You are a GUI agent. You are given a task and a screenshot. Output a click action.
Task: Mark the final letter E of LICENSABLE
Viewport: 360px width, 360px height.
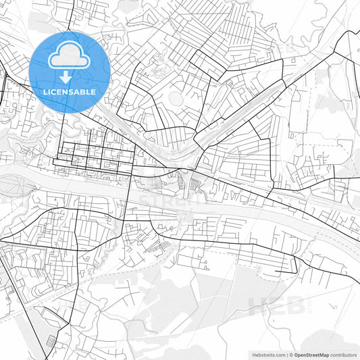(x=93, y=92)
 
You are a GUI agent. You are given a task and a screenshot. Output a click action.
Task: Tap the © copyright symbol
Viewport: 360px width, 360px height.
(x=291, y=355)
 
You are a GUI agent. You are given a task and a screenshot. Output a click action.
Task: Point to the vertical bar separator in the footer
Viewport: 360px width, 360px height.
(x=286, y=355)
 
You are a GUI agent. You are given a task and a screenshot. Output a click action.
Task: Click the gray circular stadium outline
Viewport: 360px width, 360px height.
(x=176, y=99)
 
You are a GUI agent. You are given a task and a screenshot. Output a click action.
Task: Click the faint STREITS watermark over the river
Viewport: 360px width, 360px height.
(x=166, y=201)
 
